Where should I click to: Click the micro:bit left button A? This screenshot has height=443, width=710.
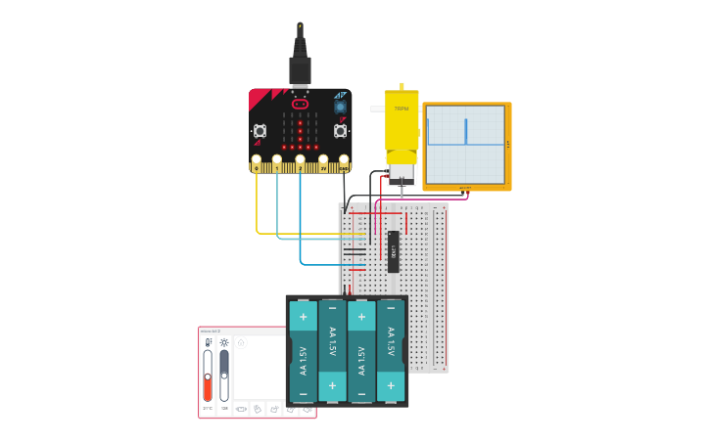coord(260,130)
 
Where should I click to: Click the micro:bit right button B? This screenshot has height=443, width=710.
coord(340,130)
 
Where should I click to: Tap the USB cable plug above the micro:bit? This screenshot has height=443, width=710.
coord(300,67)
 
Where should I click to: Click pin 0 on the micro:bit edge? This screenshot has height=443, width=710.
coord(257,167)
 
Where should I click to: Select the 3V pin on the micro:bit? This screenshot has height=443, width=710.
coord(323,167)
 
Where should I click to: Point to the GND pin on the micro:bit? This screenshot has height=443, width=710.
coord(344,167)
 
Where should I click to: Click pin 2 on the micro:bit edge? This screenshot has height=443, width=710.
coord(300,167)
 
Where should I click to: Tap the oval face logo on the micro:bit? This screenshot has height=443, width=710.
coord(300,104)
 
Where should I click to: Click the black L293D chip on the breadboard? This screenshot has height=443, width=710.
coord(393,250)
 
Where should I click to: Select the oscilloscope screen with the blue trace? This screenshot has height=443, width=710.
coord(465,144)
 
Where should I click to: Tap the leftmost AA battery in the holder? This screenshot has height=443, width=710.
coord(304,351)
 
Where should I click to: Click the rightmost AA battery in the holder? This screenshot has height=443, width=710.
coord(391,351)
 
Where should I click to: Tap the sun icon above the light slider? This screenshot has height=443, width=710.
coord(224,342)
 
